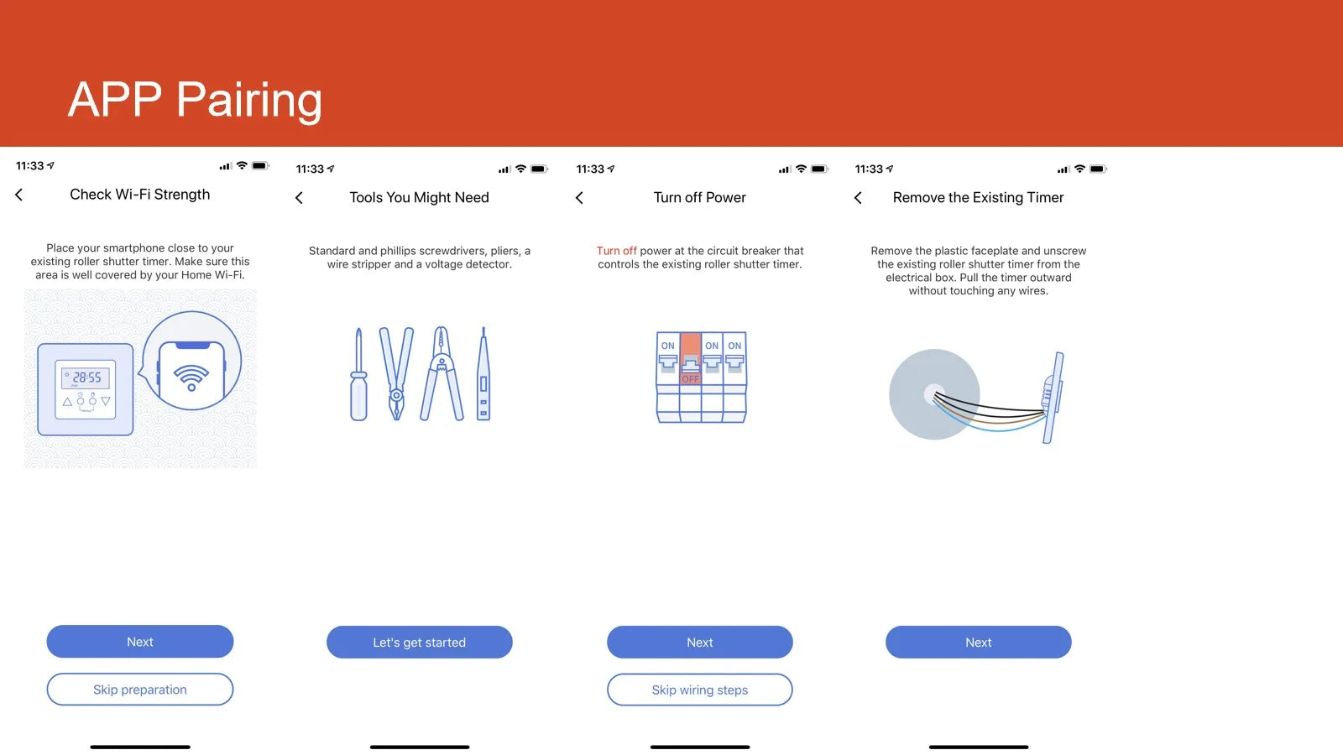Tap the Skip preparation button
tap(139, 689)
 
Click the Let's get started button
tap(419, 643)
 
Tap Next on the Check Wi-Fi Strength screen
tap(139, 642)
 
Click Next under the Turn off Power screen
tap(700, 643)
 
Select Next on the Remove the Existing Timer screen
tap(979, 643)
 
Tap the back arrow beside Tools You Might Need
tap(299, 198)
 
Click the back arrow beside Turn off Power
tap(579, 198)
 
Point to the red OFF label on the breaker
tap(691, 378)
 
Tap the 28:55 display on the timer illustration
tap(86, 377)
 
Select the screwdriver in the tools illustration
tap(358, 374)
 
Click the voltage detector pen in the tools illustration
tap(483, 373)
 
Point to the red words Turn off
tap(616, 251)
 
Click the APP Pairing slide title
tap(195, 100)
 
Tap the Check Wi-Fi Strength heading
tap(139, 195)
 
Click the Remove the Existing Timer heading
tap(978, 198)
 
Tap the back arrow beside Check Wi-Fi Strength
tap(19, 195)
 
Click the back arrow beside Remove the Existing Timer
tap(858, 198)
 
